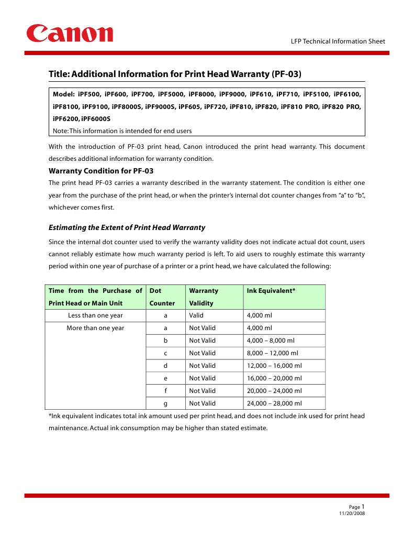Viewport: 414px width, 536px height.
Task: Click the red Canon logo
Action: pyautogui.click(x=70, y=34)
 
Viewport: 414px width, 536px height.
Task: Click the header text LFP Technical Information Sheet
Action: pyautogui.click(x=338, y=41)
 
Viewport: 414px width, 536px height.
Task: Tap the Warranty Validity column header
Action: pyautogui.click(x=204, y=297)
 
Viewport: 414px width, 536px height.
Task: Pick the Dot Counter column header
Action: pyautogui.click(x=162, y=297)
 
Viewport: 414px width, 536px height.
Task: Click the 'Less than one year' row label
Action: pyautogui.click(x=95, y=315)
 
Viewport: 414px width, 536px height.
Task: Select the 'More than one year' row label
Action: pyautogui.click(x=95, y=328)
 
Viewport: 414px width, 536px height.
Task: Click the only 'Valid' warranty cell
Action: pyautogui.click(x=196, y=315)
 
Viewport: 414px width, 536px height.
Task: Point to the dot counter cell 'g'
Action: pyautogui.click(x=165, y=403)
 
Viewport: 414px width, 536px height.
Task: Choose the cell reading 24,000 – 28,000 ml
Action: pyautogui.click(x=274, y=403)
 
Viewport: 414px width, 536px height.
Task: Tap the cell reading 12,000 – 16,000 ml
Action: pyautogui.click(x=274, y=366)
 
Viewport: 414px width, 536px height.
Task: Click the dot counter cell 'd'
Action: pyautogui.click(x=165, y=366)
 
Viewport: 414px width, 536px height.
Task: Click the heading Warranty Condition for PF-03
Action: pyautogui.click(x=100, y=171)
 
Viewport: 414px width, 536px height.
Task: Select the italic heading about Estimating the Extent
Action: pyautogui.click(x=127, y=227)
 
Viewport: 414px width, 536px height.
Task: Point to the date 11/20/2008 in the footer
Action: pyautogui.click(x=352, y=513)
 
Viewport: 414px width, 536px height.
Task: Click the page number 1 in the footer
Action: pyautogui.click(x=363, y=506)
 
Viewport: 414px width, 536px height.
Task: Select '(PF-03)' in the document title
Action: pyautogui.click(x=287, y=74)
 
